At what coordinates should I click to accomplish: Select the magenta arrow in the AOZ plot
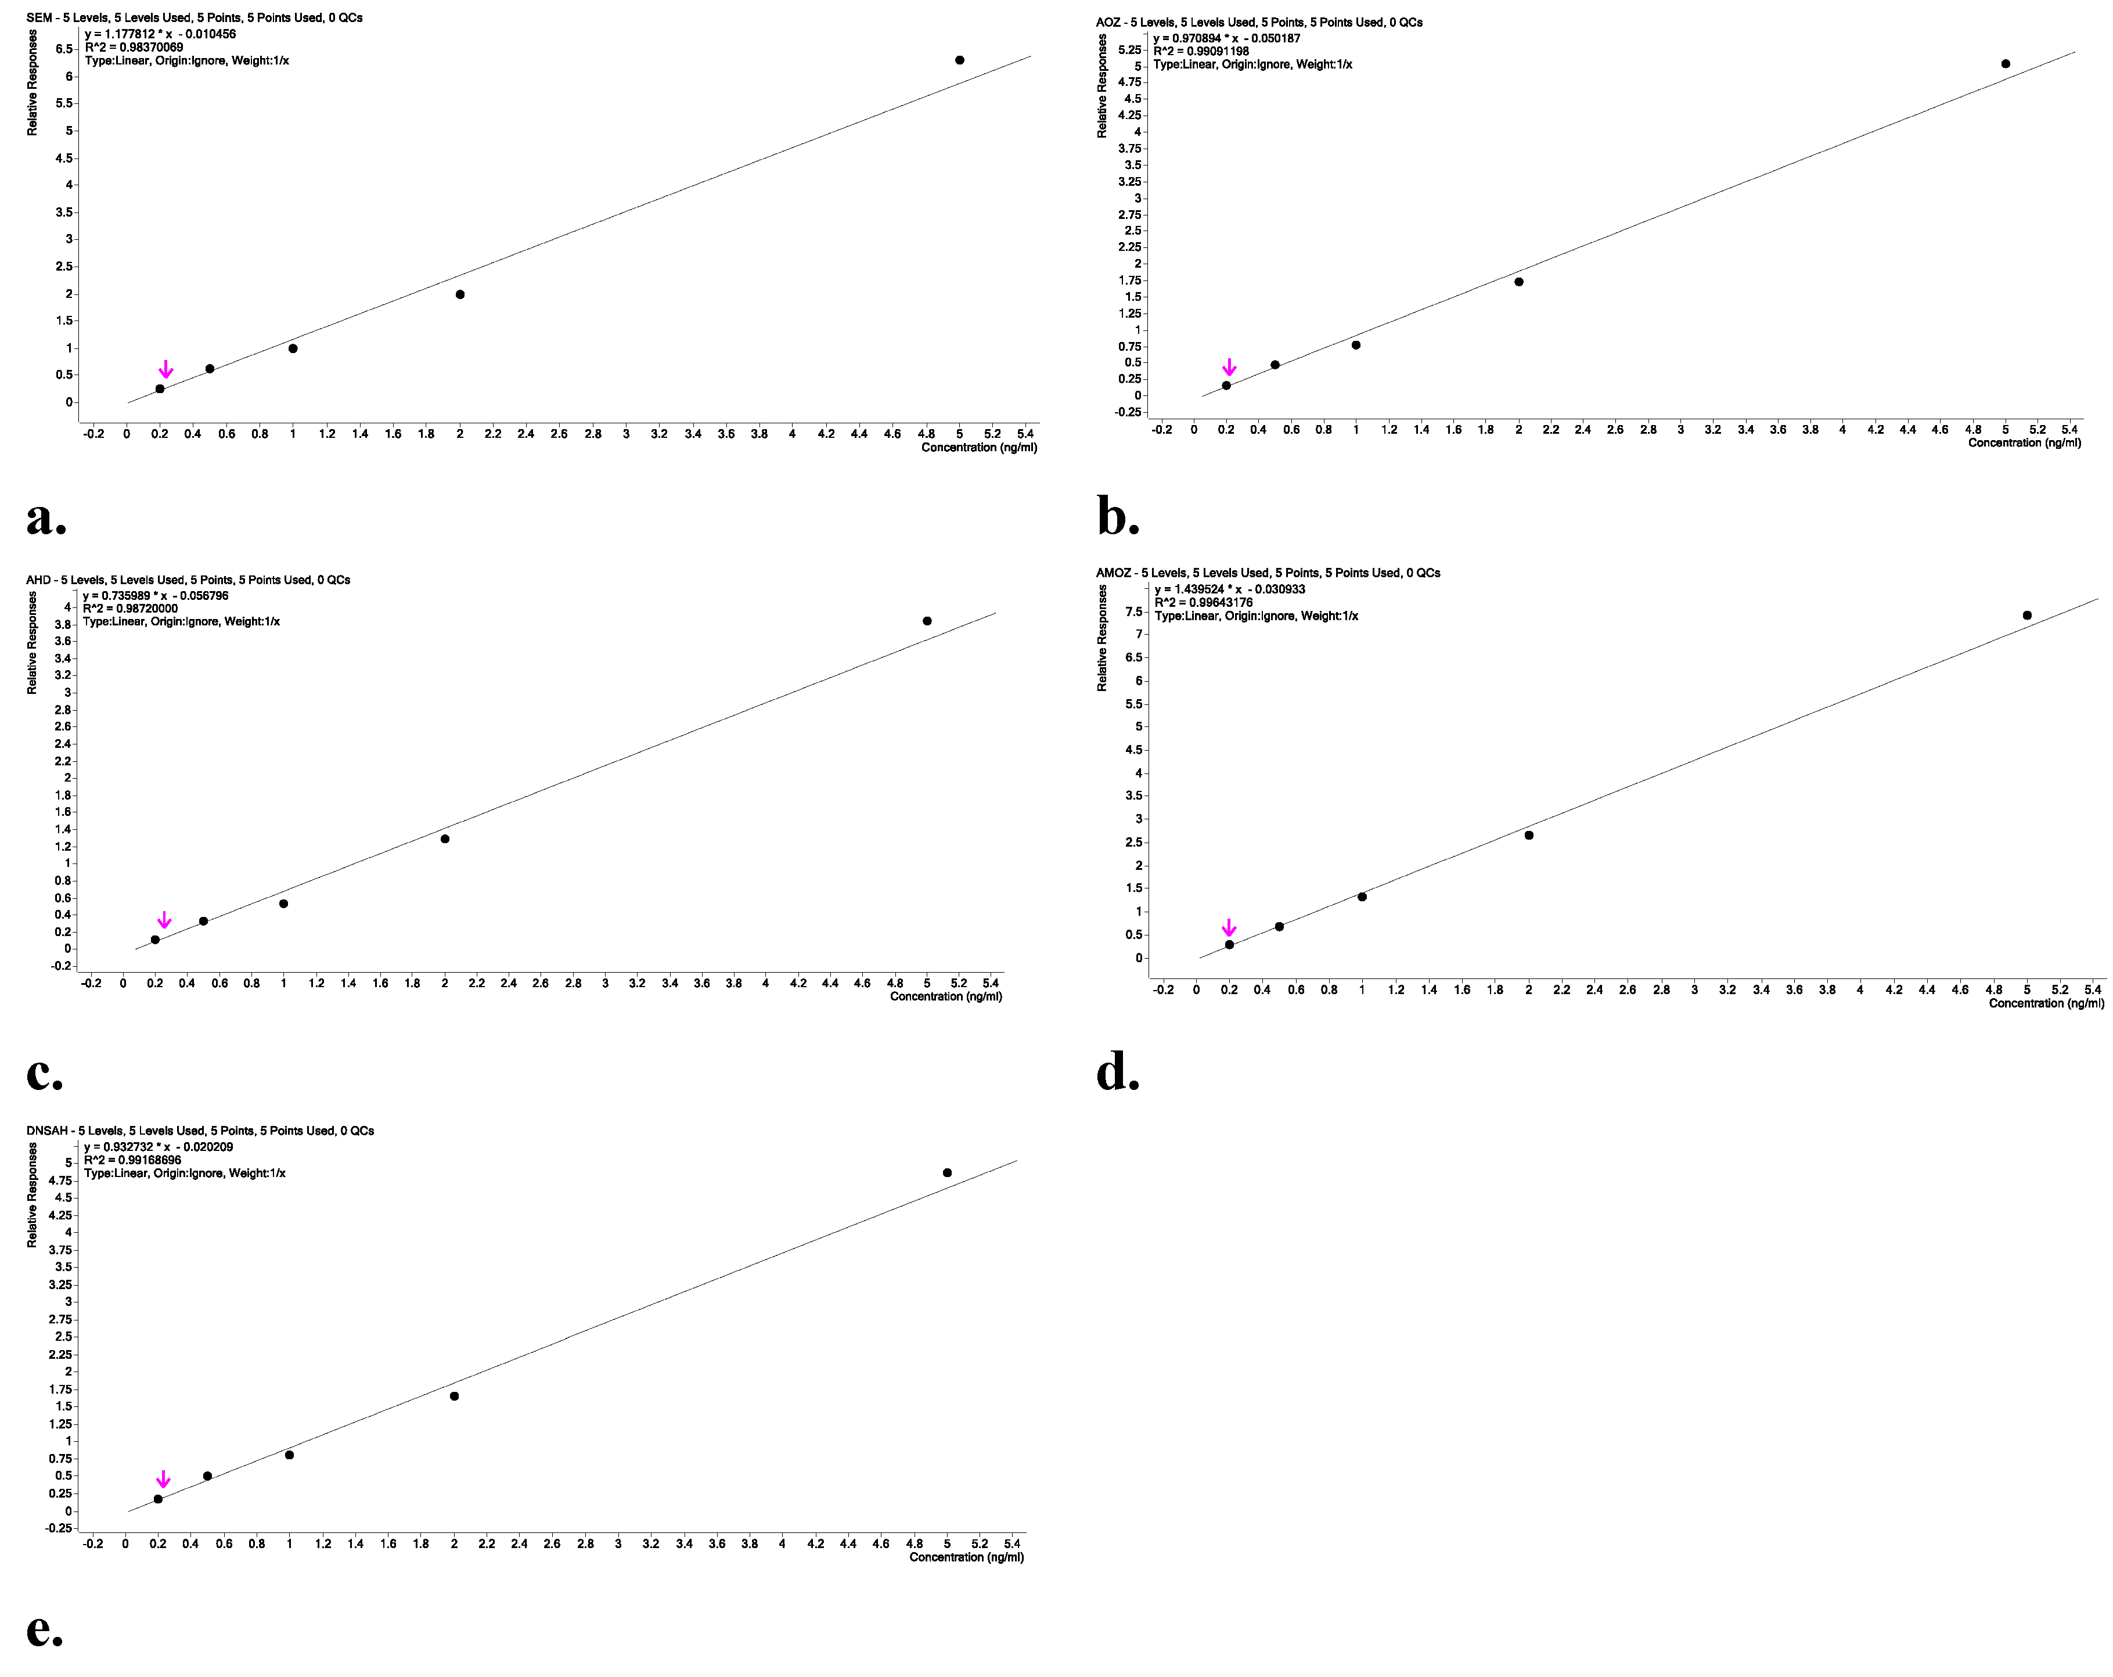(1229, 368)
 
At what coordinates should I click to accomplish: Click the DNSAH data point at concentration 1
(289, 1455)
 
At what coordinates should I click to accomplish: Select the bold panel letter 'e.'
(44, 1629)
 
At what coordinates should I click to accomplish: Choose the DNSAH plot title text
(200, 1130)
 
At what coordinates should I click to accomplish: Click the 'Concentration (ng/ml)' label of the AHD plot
(946, 997)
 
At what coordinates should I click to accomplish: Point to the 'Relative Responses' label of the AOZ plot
(1103, 87)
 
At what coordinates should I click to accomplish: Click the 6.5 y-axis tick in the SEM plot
(64, 49)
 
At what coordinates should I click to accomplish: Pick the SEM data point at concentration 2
(460, 294)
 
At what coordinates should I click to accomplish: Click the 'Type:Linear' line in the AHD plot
(181, 621)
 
